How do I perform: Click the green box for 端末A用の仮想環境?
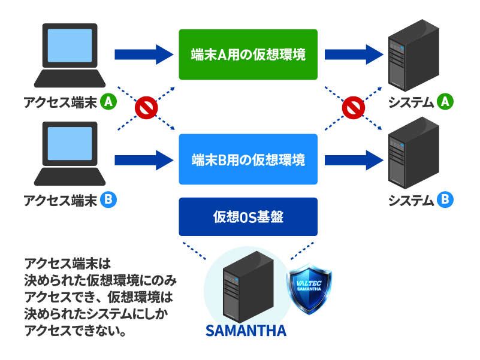tap(248, 55)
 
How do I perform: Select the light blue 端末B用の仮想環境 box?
tap(248, 159)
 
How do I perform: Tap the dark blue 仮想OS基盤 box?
tap(248, 217)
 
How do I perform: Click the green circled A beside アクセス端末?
tap(108, 102)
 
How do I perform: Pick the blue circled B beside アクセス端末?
tap(108, 199)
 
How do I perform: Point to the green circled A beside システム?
tap(445, 102)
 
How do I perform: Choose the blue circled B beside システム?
tap(445, 199)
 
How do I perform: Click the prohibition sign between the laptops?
tap(146, 108)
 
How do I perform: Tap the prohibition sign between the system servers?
tap(354, 108)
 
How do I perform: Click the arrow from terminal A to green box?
tap(144, 55)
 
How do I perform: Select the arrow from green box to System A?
tap(354, 55)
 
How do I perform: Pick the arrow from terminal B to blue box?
tap(144, 160)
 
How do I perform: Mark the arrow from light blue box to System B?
tap(354, 160)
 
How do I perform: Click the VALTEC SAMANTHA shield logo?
tap(309, 289)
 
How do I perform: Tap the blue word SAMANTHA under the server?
tap(246, 331)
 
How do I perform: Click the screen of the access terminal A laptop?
tap(70, 46)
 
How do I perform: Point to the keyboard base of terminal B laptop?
tap(70, 177)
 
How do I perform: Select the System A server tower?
tap(413, 56)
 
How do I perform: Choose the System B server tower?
tap(413, 153)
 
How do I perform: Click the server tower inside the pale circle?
tap(248, 287)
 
